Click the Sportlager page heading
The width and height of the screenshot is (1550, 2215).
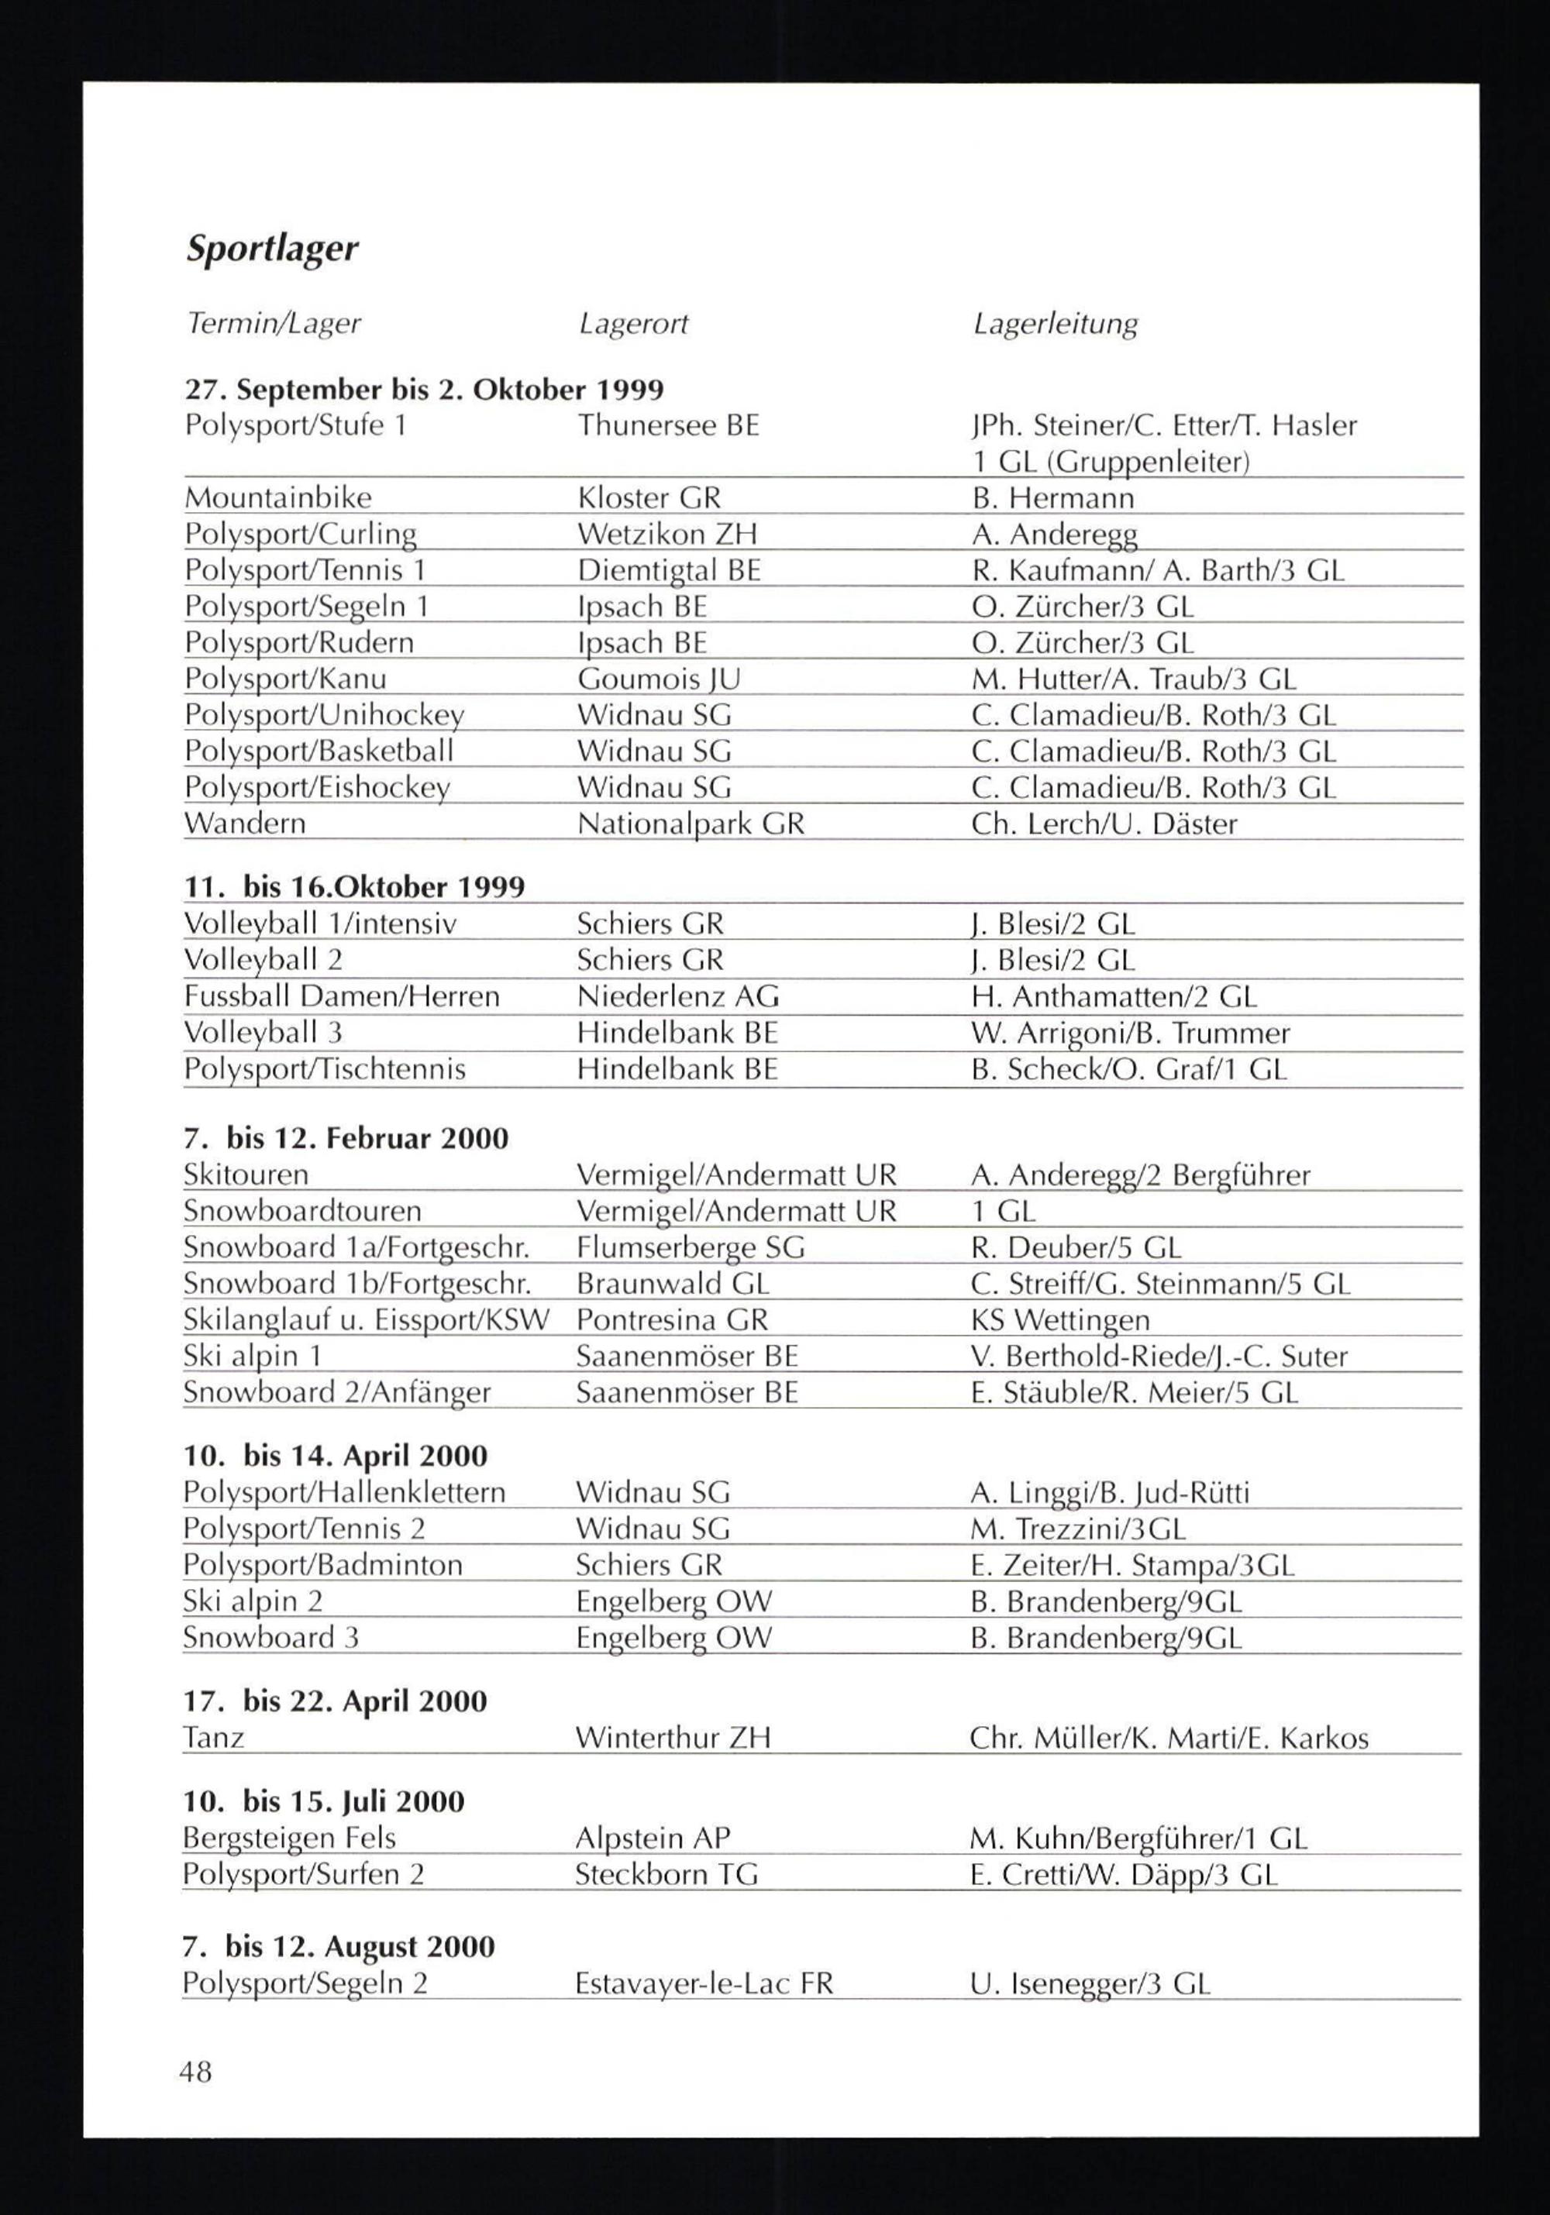click(x=271, y=249)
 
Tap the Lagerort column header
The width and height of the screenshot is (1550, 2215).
click(x=633, y=323)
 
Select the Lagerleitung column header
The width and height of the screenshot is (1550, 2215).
click(x=1055, y=323)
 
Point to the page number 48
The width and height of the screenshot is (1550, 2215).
click(x=195, y=2071)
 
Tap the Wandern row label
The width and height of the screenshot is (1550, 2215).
click(x=244, y=824)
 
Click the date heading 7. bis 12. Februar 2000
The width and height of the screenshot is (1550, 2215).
click(x=346, y=1138)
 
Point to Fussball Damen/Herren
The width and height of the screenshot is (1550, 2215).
click(x=342, y=996)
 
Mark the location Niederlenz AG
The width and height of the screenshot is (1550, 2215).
click(x=677, y=996)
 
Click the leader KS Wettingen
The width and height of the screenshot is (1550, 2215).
click(x=1059, y=1319)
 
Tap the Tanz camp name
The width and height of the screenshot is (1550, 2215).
click(x=213, y=1739)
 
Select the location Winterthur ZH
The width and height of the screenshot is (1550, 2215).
click(x=673, y=1739)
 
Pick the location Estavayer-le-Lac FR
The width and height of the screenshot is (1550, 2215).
click(x=704, y=1983)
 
